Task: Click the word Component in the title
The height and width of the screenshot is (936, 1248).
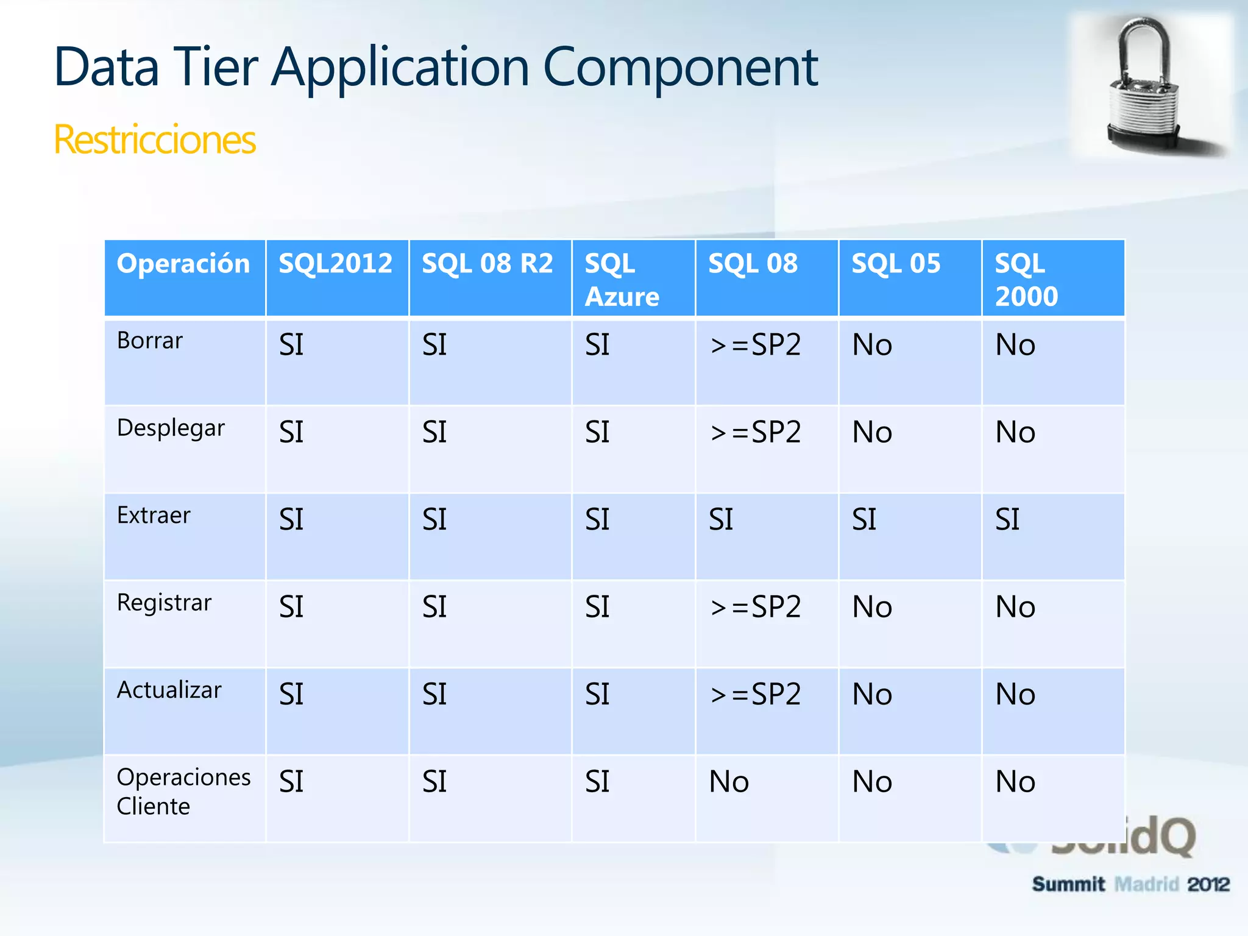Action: click(x=679, y=68)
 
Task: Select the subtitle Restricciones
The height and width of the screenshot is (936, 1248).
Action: click(x=155, y=140)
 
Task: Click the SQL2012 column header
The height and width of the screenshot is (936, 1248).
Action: click(x=335, y=264)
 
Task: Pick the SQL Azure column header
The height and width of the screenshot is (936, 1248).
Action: click(x=622, y=280)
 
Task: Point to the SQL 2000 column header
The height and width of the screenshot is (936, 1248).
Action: click(x=1026, y=280)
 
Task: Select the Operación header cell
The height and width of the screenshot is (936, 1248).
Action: click(x=183, y=264)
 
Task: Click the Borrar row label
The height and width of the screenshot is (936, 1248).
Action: click(x=150, y=341)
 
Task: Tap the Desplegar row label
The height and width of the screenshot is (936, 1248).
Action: click(x=171, y=428)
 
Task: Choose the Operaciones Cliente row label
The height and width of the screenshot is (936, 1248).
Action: click(x=183, y=791)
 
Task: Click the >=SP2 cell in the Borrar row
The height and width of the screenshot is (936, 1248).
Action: click(x=755, y=346)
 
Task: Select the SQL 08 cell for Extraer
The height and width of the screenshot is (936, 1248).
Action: click(x=721, y=520)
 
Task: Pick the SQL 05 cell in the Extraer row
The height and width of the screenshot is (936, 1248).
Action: click(x=864, y=520)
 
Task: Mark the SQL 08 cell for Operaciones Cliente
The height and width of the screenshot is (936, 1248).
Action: click(x=729, y=782)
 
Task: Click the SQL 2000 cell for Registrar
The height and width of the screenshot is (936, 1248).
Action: click(x=1015, y=607)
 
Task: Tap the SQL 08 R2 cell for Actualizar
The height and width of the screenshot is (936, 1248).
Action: click(x=434, y=695)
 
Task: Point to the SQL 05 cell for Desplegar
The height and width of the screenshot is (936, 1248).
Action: click(x=872, y=433)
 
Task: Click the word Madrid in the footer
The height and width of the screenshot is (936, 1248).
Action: click(x=1146, y=884)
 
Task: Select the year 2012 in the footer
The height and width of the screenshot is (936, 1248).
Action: click(x=1208, y=884)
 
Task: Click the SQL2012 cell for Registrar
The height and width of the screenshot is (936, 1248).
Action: click(x=291, y=607)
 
